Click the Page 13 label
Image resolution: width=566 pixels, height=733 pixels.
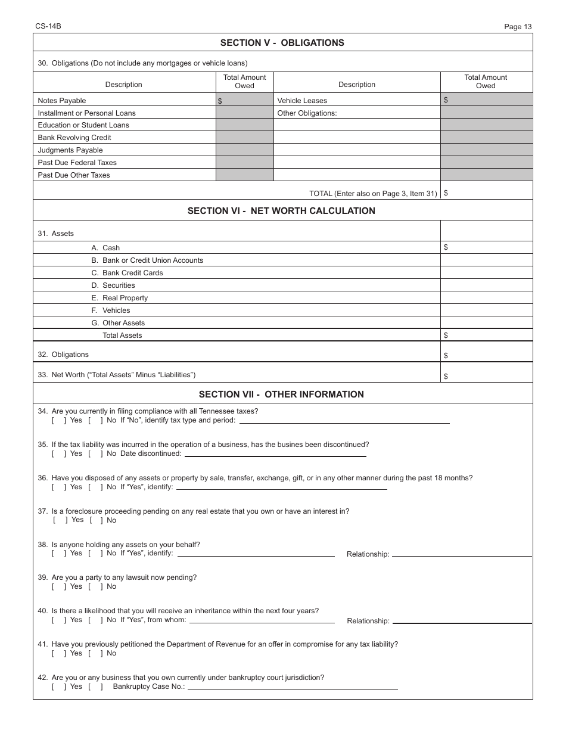click(x=517, y=26)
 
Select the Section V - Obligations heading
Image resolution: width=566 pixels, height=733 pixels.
click(x=282, y=43)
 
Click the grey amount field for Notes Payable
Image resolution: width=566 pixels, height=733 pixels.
click(x=244, y=101)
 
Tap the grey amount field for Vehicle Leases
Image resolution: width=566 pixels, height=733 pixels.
click(x=486, y=100)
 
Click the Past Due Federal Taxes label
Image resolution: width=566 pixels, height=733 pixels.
click(x=77, y=163)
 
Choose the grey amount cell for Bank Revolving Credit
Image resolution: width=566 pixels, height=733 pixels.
click(x=244, y=138)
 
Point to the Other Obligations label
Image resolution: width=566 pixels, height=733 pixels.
click(x=307, y=113)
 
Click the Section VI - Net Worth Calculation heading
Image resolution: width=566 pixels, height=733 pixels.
click(x=281, y=211)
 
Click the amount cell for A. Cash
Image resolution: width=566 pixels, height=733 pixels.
click(x=486, y=247)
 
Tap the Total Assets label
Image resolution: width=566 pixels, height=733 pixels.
click(x=122, y=336)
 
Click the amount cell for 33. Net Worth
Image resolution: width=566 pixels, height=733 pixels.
click(x=486, y=375)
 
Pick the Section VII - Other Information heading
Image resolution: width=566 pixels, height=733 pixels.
click(x=281, y=395)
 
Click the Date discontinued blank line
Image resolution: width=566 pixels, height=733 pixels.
click(x=275, y=454)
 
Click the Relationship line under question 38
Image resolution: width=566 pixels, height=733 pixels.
click(x=461, y=554)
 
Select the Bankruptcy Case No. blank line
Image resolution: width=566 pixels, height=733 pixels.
click(x=292, y=687)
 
